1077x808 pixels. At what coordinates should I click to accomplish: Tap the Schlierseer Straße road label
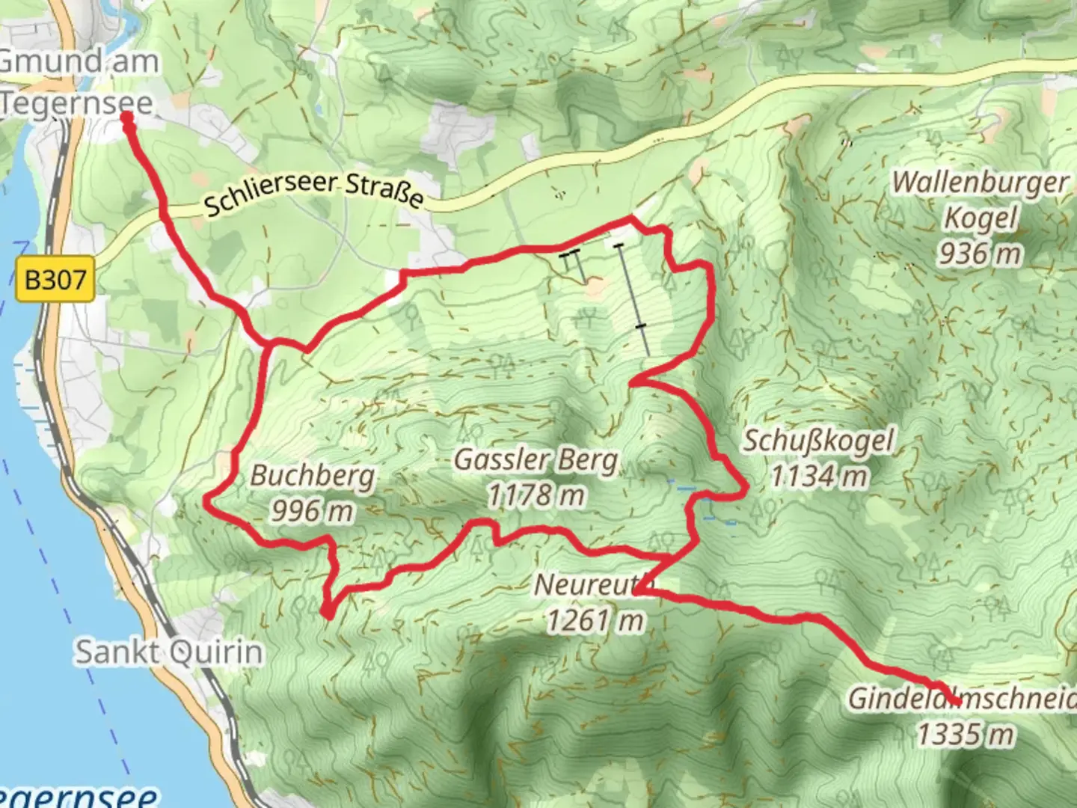coord(314,193)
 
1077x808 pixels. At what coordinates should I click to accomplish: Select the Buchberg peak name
coord(313,476)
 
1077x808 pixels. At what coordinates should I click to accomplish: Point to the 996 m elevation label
coord(313,511)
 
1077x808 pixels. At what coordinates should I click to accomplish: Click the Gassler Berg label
coord(536,459)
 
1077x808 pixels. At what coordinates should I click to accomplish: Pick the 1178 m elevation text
coord(536,495)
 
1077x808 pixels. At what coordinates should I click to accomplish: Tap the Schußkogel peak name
coord(818,441)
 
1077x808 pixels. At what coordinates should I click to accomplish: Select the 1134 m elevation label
coord(818,476)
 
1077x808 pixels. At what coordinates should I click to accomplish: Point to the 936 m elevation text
coord(981,254)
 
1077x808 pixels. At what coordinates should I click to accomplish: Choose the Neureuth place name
coord(594,584)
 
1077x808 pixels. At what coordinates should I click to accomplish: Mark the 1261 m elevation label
coord(594,620)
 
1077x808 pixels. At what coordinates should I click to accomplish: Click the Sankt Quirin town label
coord(169,652)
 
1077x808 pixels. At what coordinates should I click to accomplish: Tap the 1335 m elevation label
coord(966,735)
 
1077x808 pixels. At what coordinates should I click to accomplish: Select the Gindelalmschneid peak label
coord(962,700)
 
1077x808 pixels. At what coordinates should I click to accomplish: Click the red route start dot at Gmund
coord(127,117)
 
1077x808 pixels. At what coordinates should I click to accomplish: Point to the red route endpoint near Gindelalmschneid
coord(956,701)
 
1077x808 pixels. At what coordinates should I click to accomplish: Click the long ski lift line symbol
coord(633,299)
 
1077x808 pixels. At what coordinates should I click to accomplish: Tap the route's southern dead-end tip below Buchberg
coord(328,615)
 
